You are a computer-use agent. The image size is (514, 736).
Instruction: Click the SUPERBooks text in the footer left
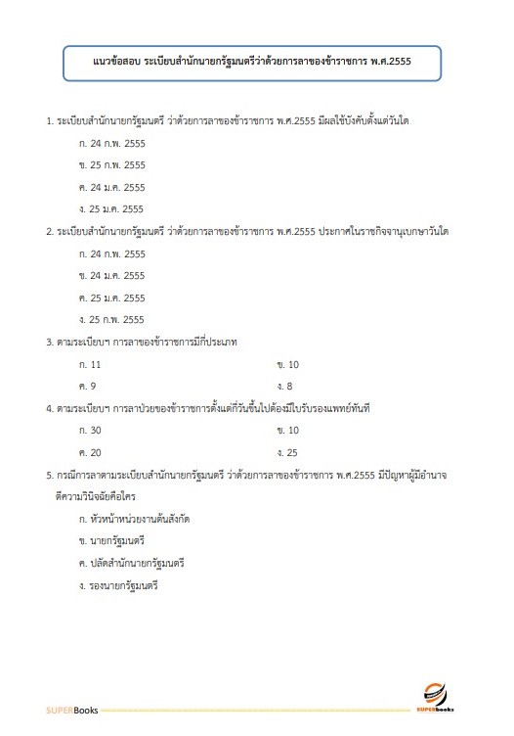[x=67, y=708]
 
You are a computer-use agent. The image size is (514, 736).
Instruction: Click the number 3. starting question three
[x=50, y=342]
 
